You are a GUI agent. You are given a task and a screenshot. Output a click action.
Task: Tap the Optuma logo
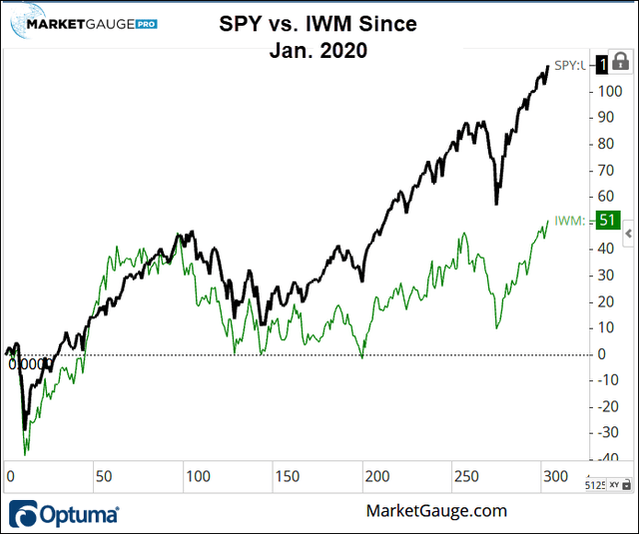click(x=66, y=514)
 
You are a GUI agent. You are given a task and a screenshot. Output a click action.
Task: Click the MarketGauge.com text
click(x=436, y=511)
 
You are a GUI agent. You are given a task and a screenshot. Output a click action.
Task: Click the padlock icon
click(x=625, y=62)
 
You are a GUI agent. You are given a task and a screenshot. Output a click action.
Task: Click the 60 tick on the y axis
click(x=604, y=196)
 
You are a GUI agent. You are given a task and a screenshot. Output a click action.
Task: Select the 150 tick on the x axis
click(x=289, y=476)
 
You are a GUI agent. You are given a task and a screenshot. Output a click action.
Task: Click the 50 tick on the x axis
click(x=103, y=476)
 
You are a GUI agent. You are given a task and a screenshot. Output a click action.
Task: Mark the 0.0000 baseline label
click(x=28, y=364)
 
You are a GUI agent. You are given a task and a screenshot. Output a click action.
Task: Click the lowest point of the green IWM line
click(x=26, y=453)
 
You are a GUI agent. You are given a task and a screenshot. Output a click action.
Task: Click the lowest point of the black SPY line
click(x=25, y=429)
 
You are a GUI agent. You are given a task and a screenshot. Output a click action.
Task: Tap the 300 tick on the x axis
click(x=555, y=476)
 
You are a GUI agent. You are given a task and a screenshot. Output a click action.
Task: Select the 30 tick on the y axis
click(x=604, y=274)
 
